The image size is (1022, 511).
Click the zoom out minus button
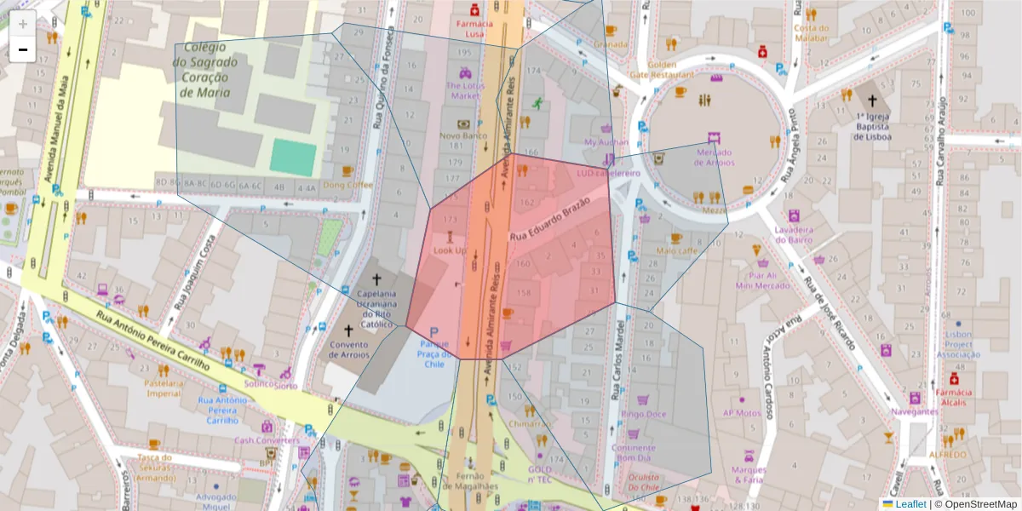pyautogui.click(x=23, y=49)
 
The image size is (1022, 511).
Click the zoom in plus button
pyautogui.click(x=23, y=24)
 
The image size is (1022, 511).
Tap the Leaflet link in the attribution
pyautogui.click(x=910, y=504)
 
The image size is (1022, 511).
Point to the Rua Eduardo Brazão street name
pyautogui.click(x=549, y=218)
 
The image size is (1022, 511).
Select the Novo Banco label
pyautogui.click(x=462, y=135)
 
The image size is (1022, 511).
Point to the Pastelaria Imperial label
pyautogui.click(x=164, y=388)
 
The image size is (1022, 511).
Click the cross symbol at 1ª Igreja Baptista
pyautogui.click(x=872, y=100)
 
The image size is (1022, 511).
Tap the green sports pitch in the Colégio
pyautogui.click(x=293, y=158)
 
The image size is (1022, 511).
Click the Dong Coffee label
pyautogui.click(x=347, y=185)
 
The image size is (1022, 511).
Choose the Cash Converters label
pyautogui.click(x=267, y=440)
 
